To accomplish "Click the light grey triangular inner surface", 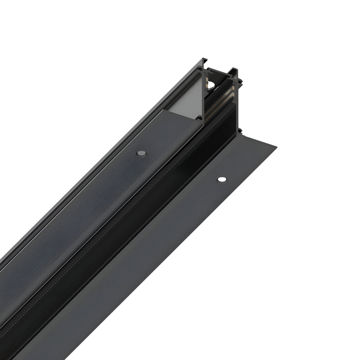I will pos(190,98).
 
